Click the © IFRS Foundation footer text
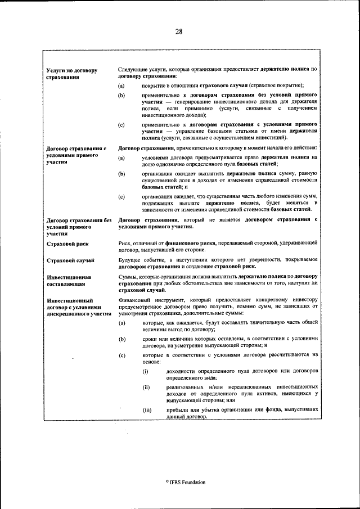[x=185, y=482]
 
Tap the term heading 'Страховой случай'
[x=70, y=260]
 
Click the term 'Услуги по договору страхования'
[x=71, y=74]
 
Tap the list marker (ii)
[x=146, y=388]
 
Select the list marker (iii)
[x=147, y=410]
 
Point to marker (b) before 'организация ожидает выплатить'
[x=121, y=175]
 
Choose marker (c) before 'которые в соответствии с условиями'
[x=121, y=355]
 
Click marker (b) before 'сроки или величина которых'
[x=121, y=340]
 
